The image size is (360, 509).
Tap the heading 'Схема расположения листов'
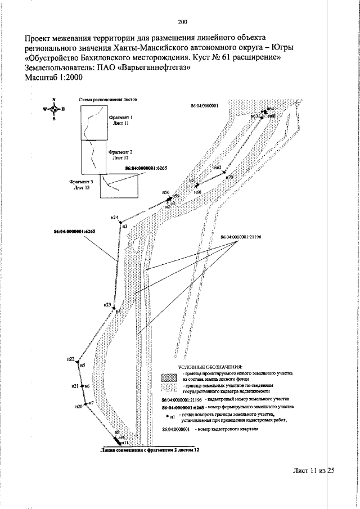(109, 97)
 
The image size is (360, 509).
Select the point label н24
(114, 218)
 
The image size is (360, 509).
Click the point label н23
(107, 304)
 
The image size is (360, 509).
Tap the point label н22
(70, 358)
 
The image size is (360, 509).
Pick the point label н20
(78, 406)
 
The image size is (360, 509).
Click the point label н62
(218, 168)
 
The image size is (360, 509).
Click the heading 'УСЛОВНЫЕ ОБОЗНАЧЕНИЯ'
(210, 366)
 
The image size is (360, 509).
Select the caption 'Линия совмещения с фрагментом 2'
(150, 451)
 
